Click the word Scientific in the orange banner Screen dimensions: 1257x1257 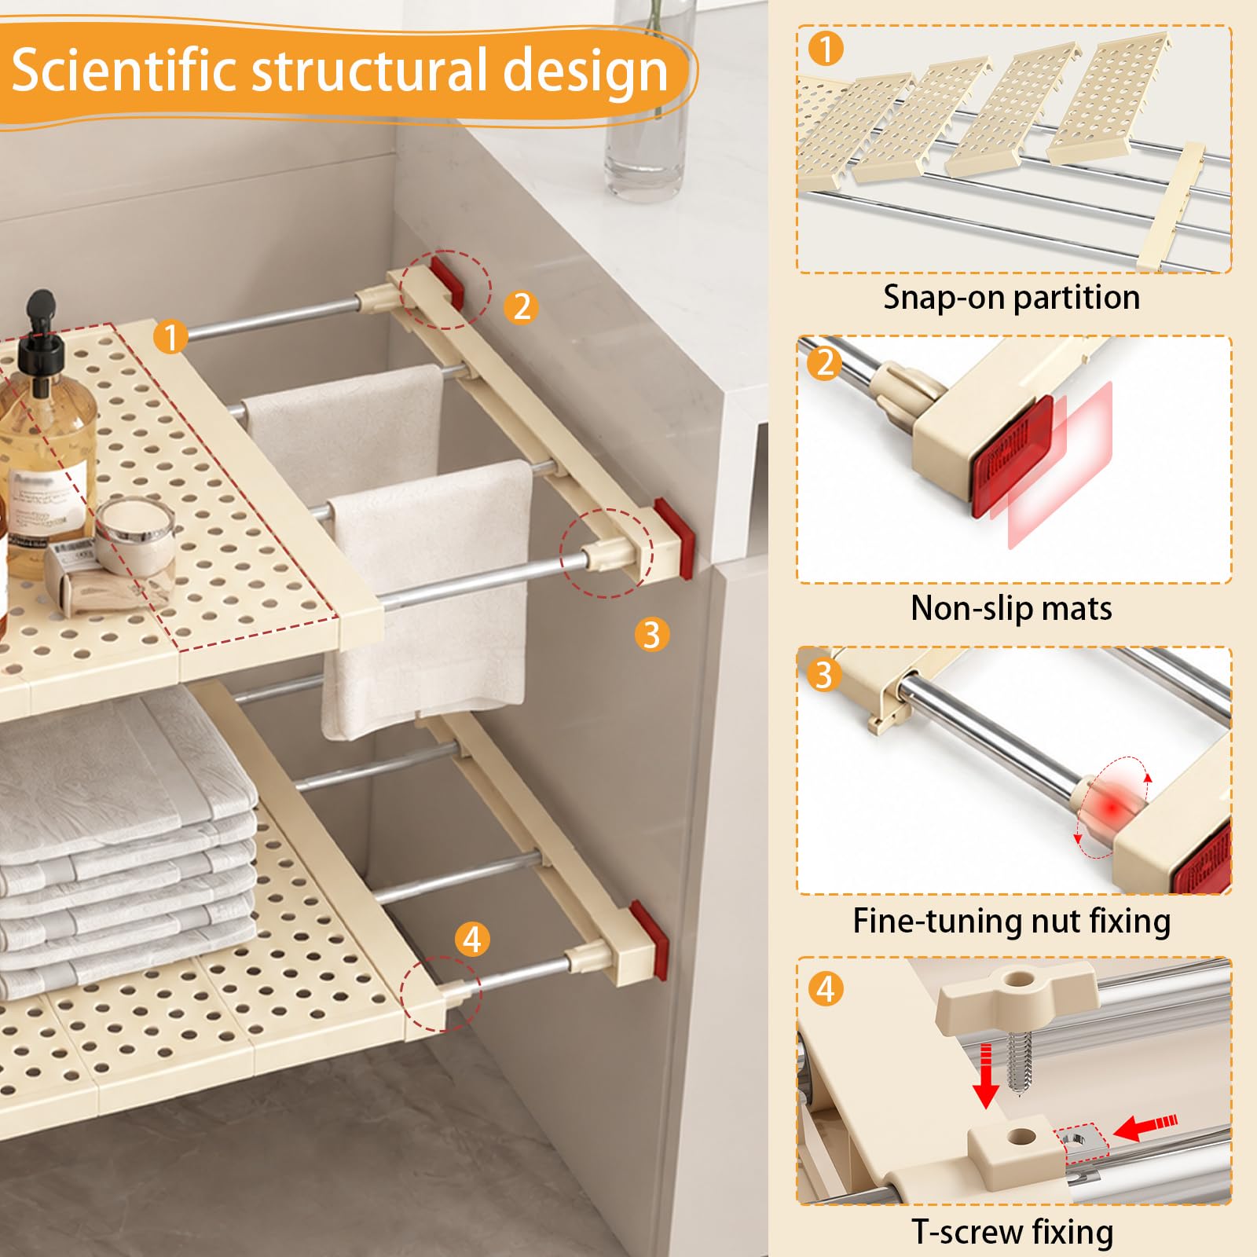point(124,71)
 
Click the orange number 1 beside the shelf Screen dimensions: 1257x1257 point(170,337)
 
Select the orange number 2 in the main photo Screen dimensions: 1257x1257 point(522,306)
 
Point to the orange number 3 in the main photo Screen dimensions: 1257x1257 point(651,634)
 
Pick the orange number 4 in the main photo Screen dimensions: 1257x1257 point(472,939)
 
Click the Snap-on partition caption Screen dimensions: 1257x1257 point(1011,298)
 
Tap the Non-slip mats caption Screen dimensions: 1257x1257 point(1011,609)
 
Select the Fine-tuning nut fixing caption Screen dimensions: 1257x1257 point(1012,921)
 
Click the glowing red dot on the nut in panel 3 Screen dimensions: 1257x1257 point(1111,807)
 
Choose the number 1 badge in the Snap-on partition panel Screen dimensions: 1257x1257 point(825,49)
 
